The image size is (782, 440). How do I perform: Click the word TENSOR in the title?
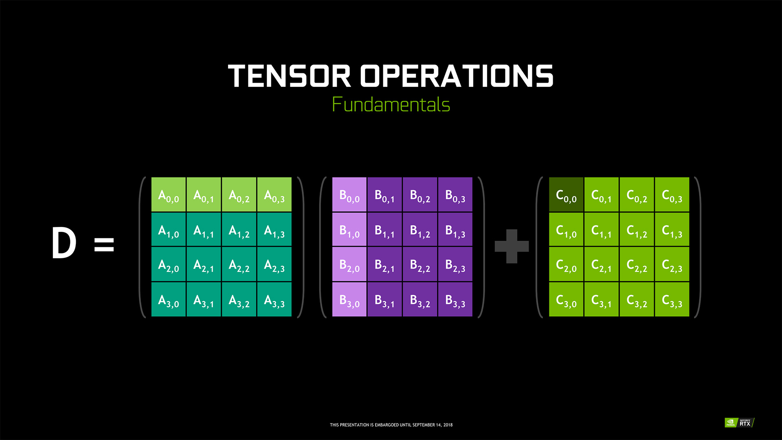coord(289,76)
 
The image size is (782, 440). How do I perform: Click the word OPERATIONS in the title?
coord(457,76)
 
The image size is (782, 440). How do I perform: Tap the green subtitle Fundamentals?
coord(391,104)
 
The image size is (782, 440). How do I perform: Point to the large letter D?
coord(64,243)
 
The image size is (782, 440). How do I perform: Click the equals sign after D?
coord(104,244)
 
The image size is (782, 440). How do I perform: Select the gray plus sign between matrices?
coord(512,246)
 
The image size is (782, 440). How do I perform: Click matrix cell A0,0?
coord(169,194)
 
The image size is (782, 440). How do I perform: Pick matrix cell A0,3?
coord(275,194)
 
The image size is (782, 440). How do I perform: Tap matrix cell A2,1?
coord(204,264)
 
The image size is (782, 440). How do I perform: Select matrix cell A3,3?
coord(275,299)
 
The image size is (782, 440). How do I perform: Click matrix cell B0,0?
coord(349,194)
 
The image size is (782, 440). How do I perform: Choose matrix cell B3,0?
coord(349,299)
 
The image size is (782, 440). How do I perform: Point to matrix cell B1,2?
coord(420,229)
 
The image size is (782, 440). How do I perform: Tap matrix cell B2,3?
coord(455,264)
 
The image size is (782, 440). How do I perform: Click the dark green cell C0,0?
coord(566,194)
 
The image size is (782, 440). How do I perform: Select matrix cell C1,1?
coord(602,229)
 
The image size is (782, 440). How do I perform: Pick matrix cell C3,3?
coord(672,299)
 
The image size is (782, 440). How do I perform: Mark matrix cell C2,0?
coord(566,264)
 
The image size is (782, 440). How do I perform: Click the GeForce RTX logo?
coord(740,422)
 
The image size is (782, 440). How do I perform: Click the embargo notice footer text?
coord(391,425)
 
